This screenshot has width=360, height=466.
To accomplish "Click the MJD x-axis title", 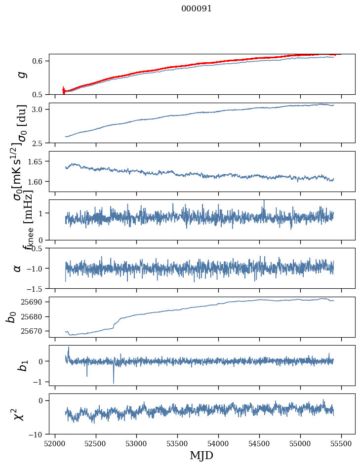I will point(201,455).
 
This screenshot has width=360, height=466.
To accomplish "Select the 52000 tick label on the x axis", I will point(55,443).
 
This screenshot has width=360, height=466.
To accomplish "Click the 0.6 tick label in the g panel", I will point(39,61).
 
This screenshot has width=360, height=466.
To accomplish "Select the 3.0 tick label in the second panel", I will point(39,109).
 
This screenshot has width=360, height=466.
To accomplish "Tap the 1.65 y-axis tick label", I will point(37,161).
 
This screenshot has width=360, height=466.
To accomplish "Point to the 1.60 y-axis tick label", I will point(37,182).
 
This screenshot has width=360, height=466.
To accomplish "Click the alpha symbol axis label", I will point(18,268).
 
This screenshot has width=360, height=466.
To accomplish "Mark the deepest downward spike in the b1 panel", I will point(114,383).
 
